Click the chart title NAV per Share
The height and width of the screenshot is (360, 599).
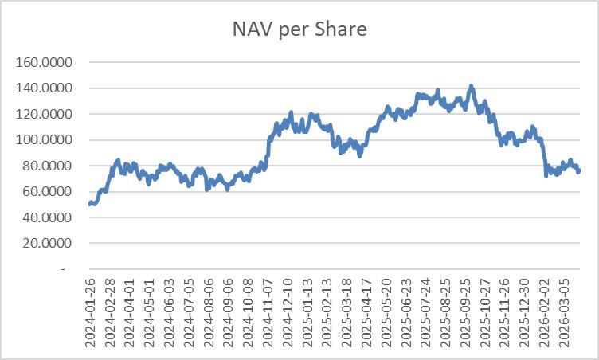[x=299, y=29]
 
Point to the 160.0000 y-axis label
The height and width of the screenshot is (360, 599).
[x=44, y=62]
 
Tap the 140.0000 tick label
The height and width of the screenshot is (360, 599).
[x=44, y=88]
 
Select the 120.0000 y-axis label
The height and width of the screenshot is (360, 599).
[x=44, y=114]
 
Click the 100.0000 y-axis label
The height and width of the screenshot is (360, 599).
[x=44, y=140]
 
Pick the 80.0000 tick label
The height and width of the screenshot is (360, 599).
[x=47, y=166]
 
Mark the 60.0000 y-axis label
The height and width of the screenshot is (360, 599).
[x=47, y=191]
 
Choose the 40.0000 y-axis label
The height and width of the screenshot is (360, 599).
[x=47, y=217]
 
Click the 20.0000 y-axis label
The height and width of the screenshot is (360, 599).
[x=47, y=243]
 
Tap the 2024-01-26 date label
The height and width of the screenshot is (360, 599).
[x=90, y=313]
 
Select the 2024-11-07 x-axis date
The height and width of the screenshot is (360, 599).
[x=268, y=313]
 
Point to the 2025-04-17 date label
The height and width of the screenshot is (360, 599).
[x=367, y=313]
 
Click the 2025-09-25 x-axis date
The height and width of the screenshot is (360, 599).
[x=466, y=313]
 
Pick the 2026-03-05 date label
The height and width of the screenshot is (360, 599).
[x=565, y=313]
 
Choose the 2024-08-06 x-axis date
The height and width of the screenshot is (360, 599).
[x=209, y=313]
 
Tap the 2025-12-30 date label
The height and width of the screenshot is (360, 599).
[x=526, y=313]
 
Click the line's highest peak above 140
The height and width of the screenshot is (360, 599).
[x=471, y=86]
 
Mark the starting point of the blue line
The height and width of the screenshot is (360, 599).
[x=90, y=204]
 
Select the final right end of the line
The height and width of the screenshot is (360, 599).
[x=579, y=170]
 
